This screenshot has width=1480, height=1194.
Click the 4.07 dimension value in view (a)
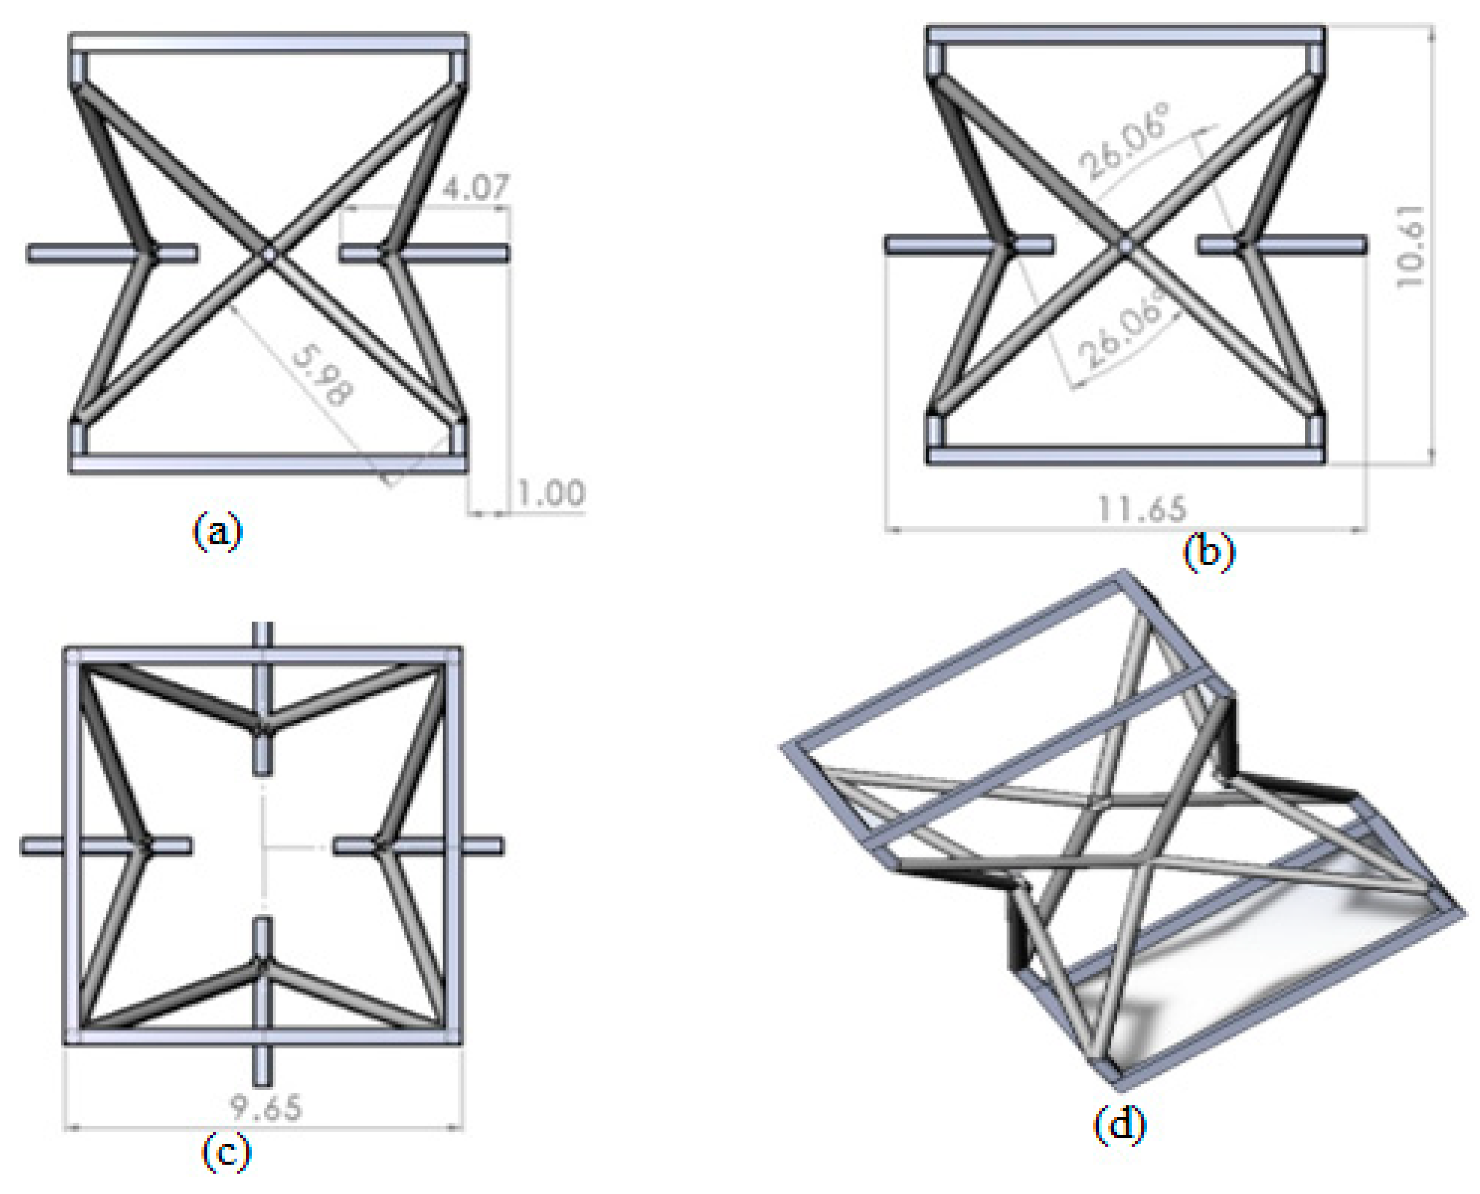coord(476,187)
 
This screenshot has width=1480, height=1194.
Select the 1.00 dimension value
coord(551,494)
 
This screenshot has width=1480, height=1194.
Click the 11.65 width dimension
coord(1142,509)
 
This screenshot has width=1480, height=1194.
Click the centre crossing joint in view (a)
coord(268,254)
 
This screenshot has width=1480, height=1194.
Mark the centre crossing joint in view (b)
coord(1125,245)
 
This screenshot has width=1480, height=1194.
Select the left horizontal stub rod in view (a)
coord(83,254)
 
